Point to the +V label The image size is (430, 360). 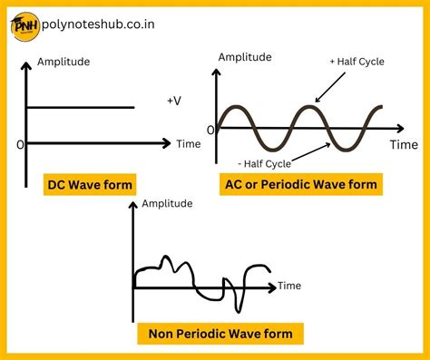coord(173,102)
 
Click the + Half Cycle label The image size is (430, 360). coord(356,62)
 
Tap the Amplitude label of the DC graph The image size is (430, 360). coord(63,63)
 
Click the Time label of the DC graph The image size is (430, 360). coord(189,143)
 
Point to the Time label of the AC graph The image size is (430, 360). coord(404,143)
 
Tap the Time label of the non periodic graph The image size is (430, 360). coord(288,286)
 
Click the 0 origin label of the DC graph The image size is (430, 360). coord(20,144)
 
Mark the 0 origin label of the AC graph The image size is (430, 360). coord(211,129)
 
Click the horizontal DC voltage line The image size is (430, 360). coord(82,108)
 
